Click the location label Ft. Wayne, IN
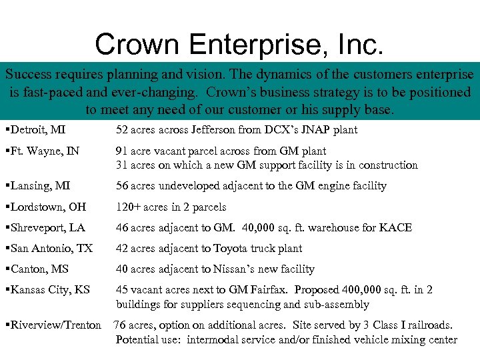45,151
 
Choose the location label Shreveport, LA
48,228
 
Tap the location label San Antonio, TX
52,249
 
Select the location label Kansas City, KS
51,290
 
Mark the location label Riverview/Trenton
55,325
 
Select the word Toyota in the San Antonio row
230,249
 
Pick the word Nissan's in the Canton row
235,269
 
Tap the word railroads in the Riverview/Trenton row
426,325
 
